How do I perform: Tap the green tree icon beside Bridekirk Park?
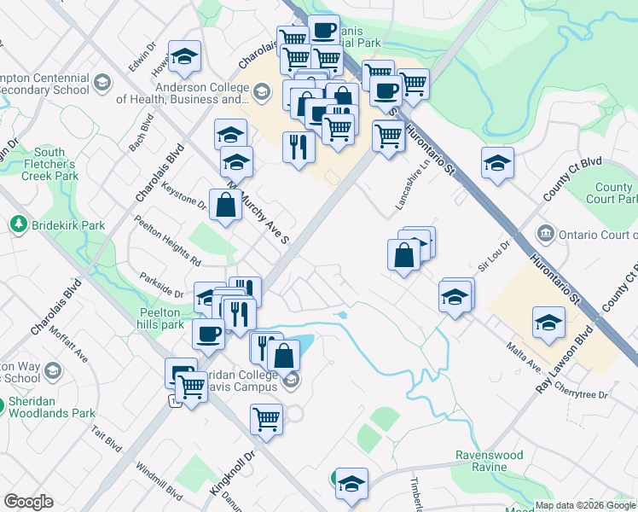[17, 224]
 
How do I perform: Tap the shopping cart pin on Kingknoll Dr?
[266, 419]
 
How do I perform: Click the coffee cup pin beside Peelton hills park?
[208, 334]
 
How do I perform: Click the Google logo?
[28, 502]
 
